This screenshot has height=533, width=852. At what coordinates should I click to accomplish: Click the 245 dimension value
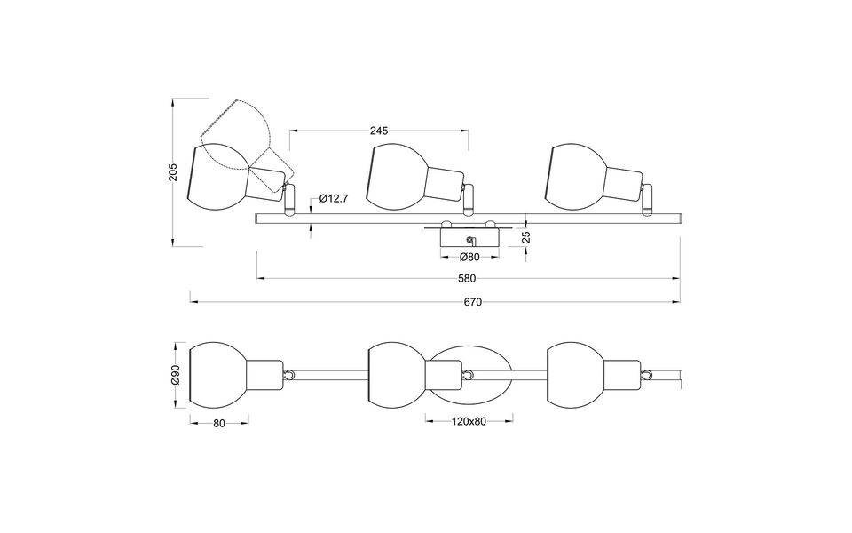tap(379, 131)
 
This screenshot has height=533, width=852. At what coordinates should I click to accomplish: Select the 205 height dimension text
tap(174, 171)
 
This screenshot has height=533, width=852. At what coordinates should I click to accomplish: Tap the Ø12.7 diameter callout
tap(331, 198)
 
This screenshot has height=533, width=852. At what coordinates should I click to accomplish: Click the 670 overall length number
tap(471, 302)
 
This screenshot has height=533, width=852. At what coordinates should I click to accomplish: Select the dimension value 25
tap(525, 237)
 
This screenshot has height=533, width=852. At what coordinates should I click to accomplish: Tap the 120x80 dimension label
tap(468, 421)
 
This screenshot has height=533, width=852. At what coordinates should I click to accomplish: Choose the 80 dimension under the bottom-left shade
tap(219, 423)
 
